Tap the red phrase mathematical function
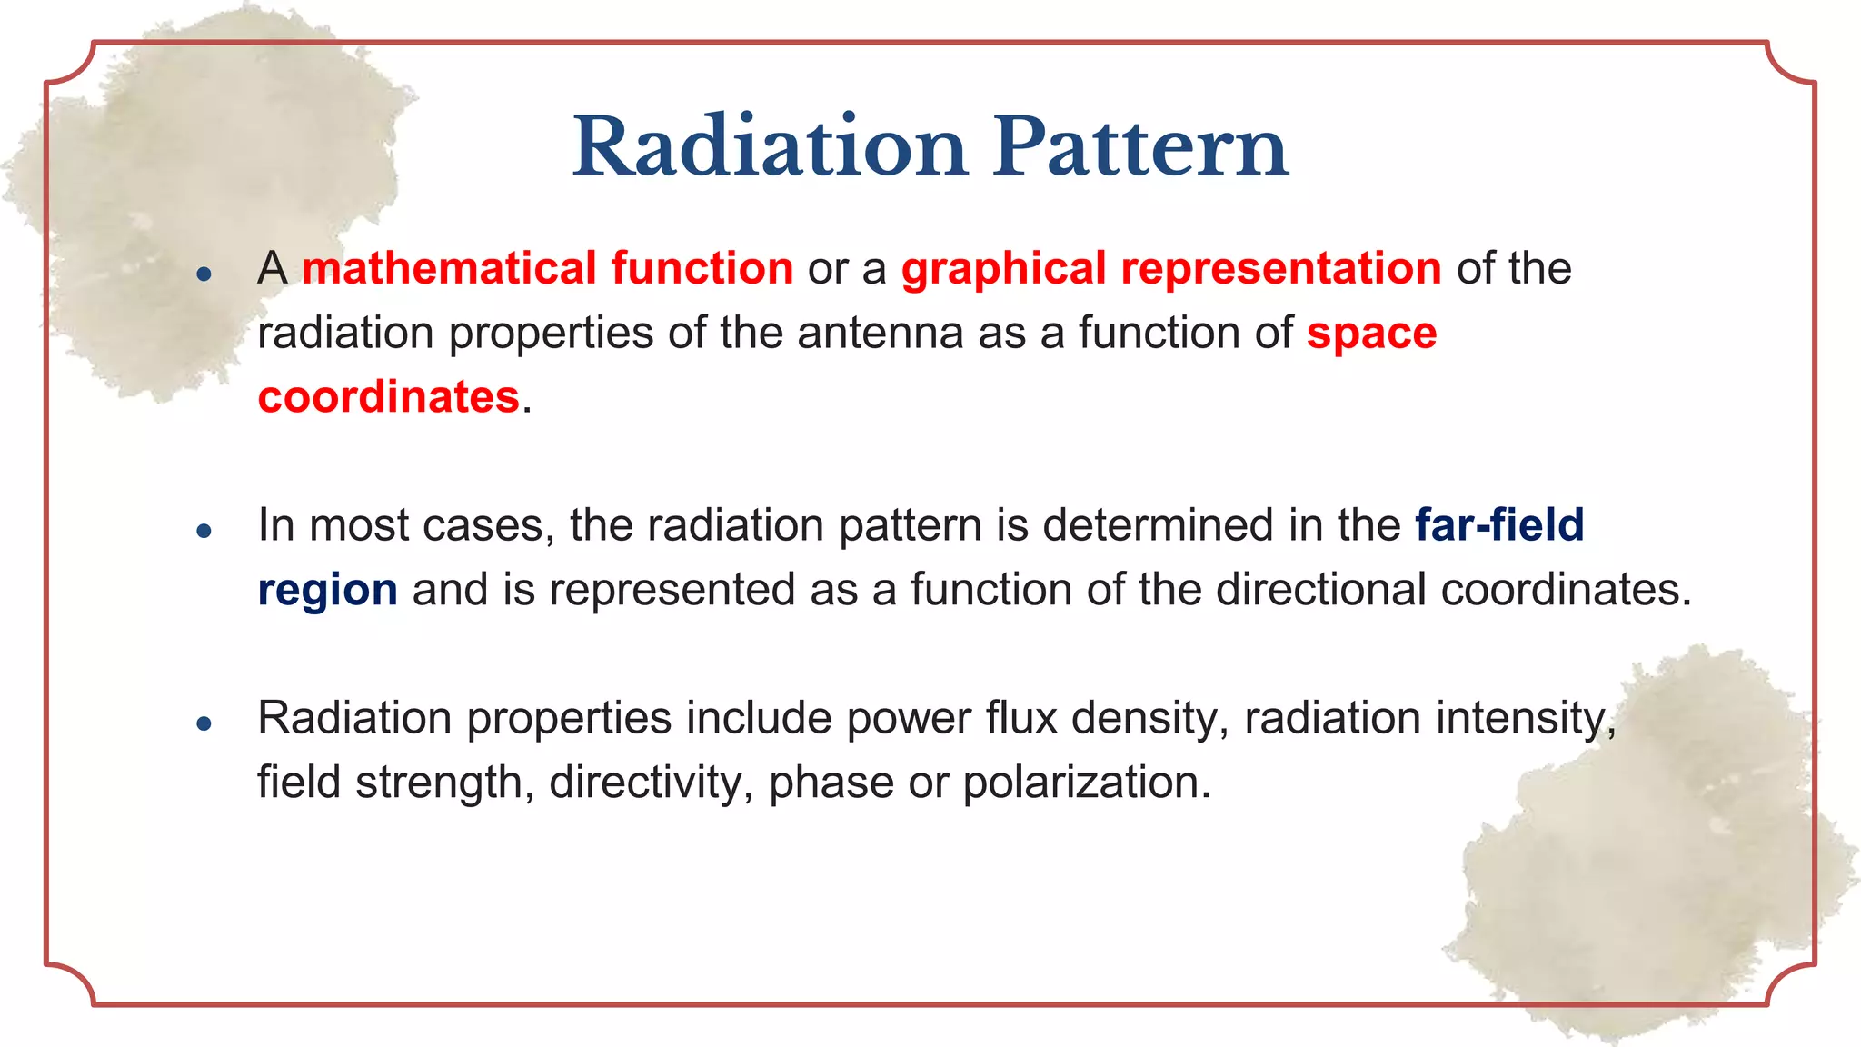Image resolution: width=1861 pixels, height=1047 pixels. point(548,269)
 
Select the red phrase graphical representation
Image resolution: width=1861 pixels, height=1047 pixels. point(1171,269)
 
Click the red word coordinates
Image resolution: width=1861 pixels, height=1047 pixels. point(388,397)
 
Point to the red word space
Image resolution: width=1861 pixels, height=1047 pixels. point(1371,333)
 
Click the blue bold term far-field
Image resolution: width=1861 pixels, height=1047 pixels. point(1499,525)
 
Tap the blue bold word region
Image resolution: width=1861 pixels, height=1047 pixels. point(327,590)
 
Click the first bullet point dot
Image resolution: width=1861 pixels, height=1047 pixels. point(204,274)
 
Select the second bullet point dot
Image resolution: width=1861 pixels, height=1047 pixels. point(204,530)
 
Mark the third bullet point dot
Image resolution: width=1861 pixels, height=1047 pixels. point(204,723)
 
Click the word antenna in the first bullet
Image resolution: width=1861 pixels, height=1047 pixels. point(880,333)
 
